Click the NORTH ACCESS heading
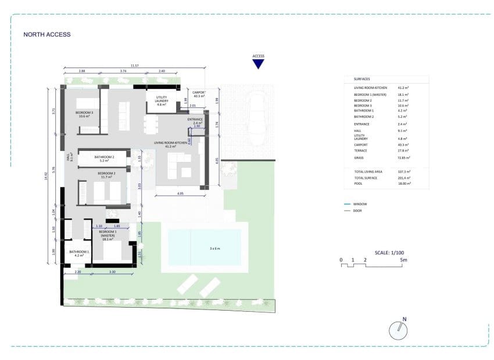(47, 34)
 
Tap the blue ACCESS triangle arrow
(259, 64)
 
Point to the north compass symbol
(398, 329)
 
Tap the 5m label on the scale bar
(404, 260)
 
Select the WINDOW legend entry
(360, 204)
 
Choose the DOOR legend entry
(357, 211)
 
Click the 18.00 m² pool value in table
(404, 183)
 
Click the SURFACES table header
(362, 78)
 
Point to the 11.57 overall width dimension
(135, 66)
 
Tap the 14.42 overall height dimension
(46, 175)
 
